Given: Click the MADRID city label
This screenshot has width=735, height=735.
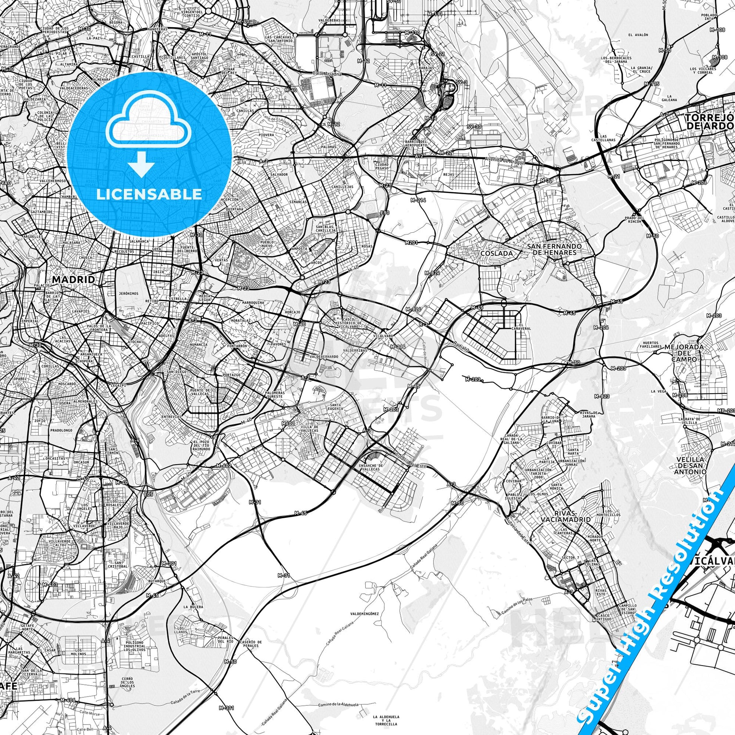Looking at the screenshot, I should (x=73, y=279).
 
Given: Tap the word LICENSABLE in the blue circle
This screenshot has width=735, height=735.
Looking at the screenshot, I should (x=149, y=194).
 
